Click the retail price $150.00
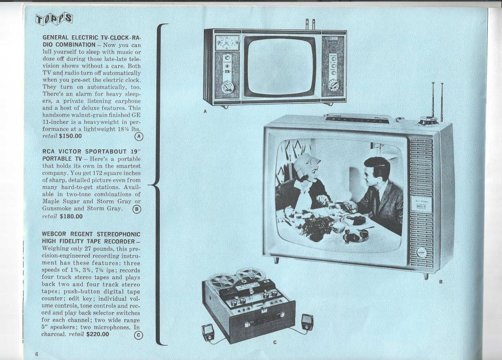click(x=71, y=136)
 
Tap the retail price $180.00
click(x=71, y=216)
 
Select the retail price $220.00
click(x=98, y=335)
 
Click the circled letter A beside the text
click(x=139, y=136)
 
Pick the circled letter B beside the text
click(x=137, y=209)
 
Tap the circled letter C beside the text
click(x=138, y=335)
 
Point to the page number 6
click(x=36, y=354)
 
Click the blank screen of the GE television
click(x=279, y=67)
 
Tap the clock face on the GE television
click(x=224, y=43)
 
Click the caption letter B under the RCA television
click(x=441, y=282)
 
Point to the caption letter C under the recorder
click(x=275, y=343)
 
